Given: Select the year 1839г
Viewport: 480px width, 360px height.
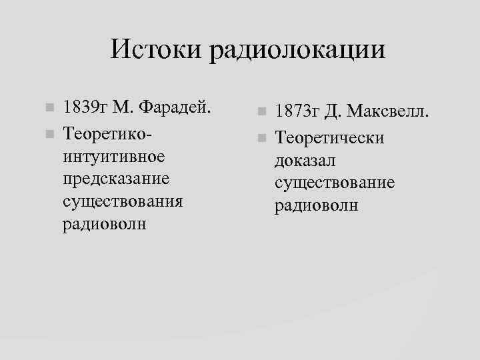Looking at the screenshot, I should point(85,108).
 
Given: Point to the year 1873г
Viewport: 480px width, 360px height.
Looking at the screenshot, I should point(299,111).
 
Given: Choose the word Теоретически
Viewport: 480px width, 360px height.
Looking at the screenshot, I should point(331,137).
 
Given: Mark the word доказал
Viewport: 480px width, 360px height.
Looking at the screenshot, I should point(306,160).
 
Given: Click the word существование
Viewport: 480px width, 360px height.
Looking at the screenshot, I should point(334,182).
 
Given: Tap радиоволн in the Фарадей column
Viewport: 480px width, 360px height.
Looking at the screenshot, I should point(104,223).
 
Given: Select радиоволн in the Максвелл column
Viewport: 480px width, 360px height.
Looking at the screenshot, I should point(317,205).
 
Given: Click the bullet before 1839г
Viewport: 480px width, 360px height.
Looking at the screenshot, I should point(47,109).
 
